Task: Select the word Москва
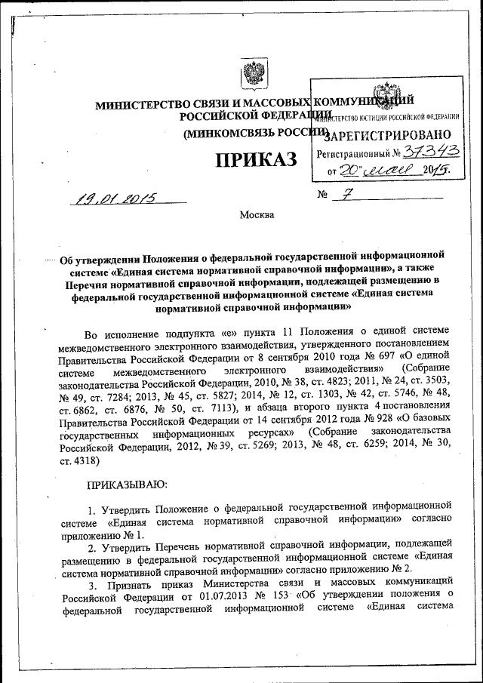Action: click(256, 215)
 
